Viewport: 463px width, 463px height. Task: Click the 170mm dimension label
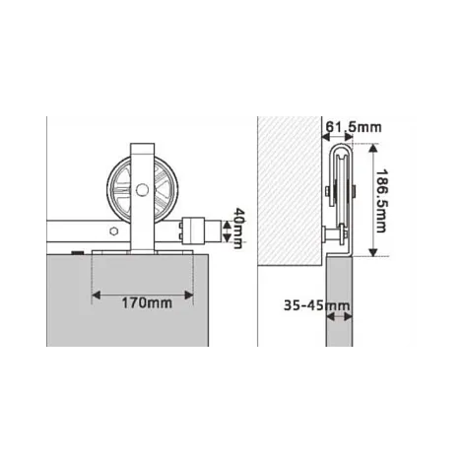(147, 302)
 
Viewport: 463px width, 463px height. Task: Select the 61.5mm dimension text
(354, 127)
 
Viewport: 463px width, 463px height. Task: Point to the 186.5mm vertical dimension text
(381, 201)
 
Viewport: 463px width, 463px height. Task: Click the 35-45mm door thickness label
(316, 305)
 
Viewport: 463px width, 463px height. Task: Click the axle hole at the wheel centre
(142, 190)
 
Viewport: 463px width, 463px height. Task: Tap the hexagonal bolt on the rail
(113, 231)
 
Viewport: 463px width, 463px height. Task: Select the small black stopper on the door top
(78, 252)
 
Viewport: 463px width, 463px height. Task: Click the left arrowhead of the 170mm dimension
(96, 296)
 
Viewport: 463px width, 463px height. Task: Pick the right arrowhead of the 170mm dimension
(189, 296)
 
